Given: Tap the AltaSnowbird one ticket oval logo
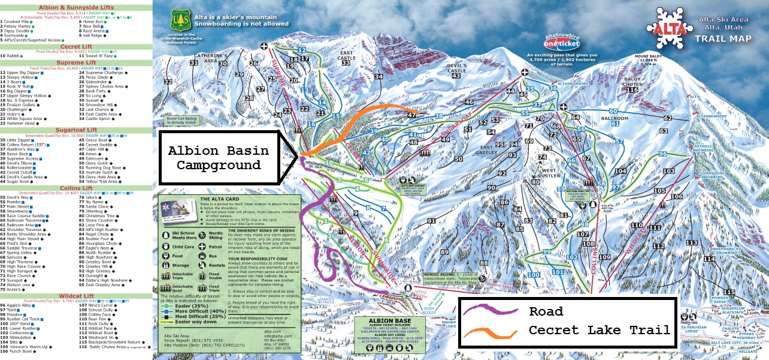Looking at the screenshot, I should coord(558,43).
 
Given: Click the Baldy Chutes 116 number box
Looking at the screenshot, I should coord(632,89).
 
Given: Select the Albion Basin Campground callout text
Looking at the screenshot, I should coord(214,157).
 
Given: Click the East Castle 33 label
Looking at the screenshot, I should coord(346,58).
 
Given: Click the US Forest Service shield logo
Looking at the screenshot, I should coord(180,22).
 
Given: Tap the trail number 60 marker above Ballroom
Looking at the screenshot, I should coord(613,111).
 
